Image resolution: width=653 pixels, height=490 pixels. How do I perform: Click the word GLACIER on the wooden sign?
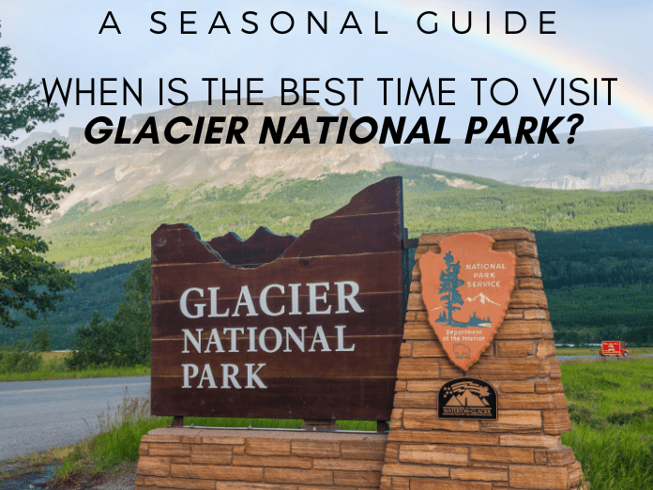coord(270,300)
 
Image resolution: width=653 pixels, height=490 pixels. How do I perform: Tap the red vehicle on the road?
coord(613,348)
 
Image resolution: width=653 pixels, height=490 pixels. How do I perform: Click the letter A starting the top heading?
coord(111,23)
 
